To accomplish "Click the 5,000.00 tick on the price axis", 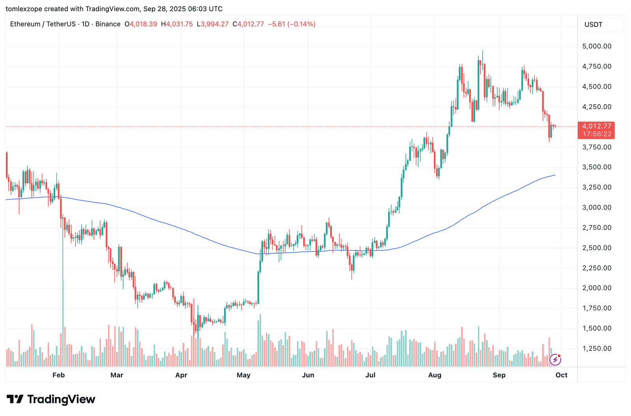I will click(x=597, y=47).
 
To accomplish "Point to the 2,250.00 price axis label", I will click(x=597, y=268).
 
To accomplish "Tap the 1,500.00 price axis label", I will click(x=597, y=328).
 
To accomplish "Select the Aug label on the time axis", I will click(x=435, y=375).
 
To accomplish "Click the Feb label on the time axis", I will click(x=58, y=375).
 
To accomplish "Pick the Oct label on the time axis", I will click(x=561, y=375).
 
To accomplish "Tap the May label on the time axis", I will click(x=243, y=375).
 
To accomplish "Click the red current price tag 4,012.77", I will click(x=596, y=126).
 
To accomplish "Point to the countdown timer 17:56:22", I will click(x=596, y=134).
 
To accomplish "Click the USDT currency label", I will click(x=593, y=24).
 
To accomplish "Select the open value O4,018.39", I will click(x=141, y=24).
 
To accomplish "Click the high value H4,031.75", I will click(x=177, y=24).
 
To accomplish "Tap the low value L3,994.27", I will click(x=213, y=24).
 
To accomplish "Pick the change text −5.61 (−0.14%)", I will click(x=292, y=24).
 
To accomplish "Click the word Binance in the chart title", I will click(x=108, y=24).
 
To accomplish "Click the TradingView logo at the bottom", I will click(x=51, y=399).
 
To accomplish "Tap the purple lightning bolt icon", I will click(x=555, y=360).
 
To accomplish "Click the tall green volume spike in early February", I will click(x=63, y=315).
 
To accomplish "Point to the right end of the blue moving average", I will click(x=555, y=175).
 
